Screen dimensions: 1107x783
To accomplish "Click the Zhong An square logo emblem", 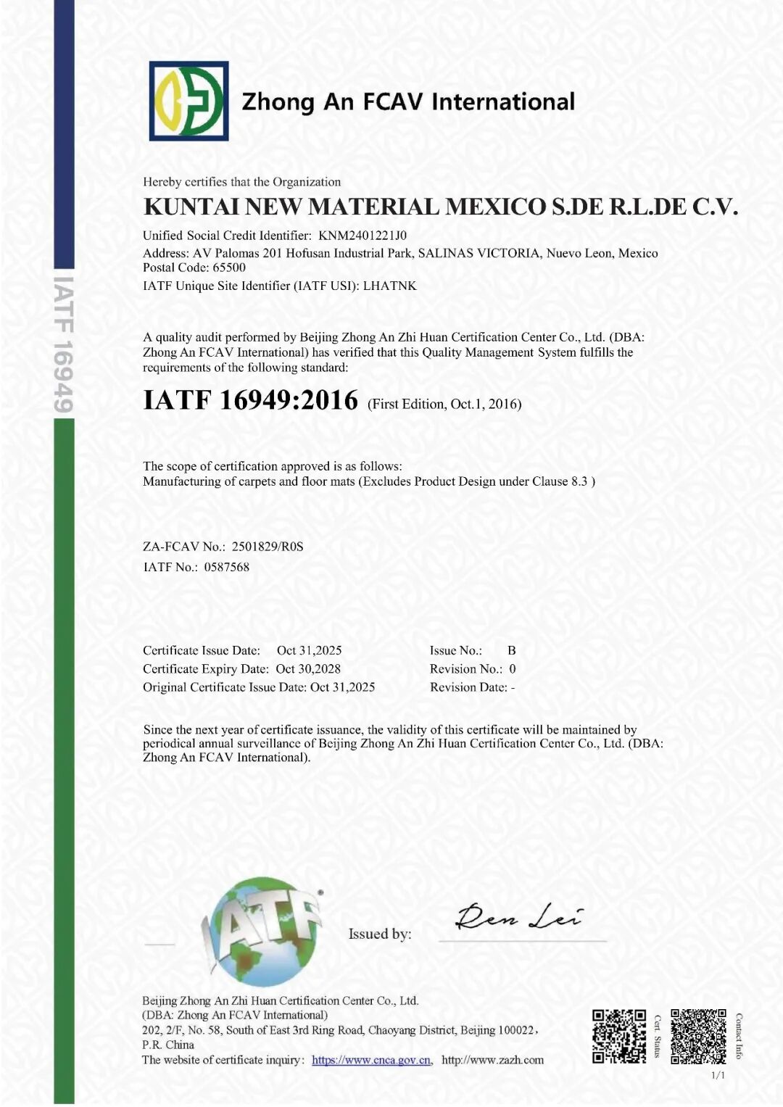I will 188,101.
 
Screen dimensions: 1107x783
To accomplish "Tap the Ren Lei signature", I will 518,916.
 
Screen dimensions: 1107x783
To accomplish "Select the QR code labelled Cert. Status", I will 618,1036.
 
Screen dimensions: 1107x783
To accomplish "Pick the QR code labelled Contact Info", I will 698,1036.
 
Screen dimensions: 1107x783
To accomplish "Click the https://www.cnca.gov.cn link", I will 371,1060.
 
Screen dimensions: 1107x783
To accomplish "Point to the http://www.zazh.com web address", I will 492,1060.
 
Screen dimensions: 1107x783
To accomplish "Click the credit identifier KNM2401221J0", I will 362,236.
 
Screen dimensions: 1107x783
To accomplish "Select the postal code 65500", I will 229,268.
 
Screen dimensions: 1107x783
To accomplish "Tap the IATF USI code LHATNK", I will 389,286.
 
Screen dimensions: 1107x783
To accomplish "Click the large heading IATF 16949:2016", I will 251,400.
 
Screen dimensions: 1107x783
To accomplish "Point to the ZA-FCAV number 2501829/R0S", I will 268,547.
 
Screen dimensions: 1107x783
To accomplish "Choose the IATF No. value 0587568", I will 226,567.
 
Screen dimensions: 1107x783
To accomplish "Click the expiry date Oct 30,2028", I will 308,669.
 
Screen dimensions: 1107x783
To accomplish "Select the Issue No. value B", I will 511,650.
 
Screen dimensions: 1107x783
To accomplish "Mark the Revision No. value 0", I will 512,669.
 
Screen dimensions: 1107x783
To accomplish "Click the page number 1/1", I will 718,1075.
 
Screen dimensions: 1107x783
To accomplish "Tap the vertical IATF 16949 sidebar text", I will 64,344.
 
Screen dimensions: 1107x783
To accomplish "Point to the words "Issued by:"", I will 379,934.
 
